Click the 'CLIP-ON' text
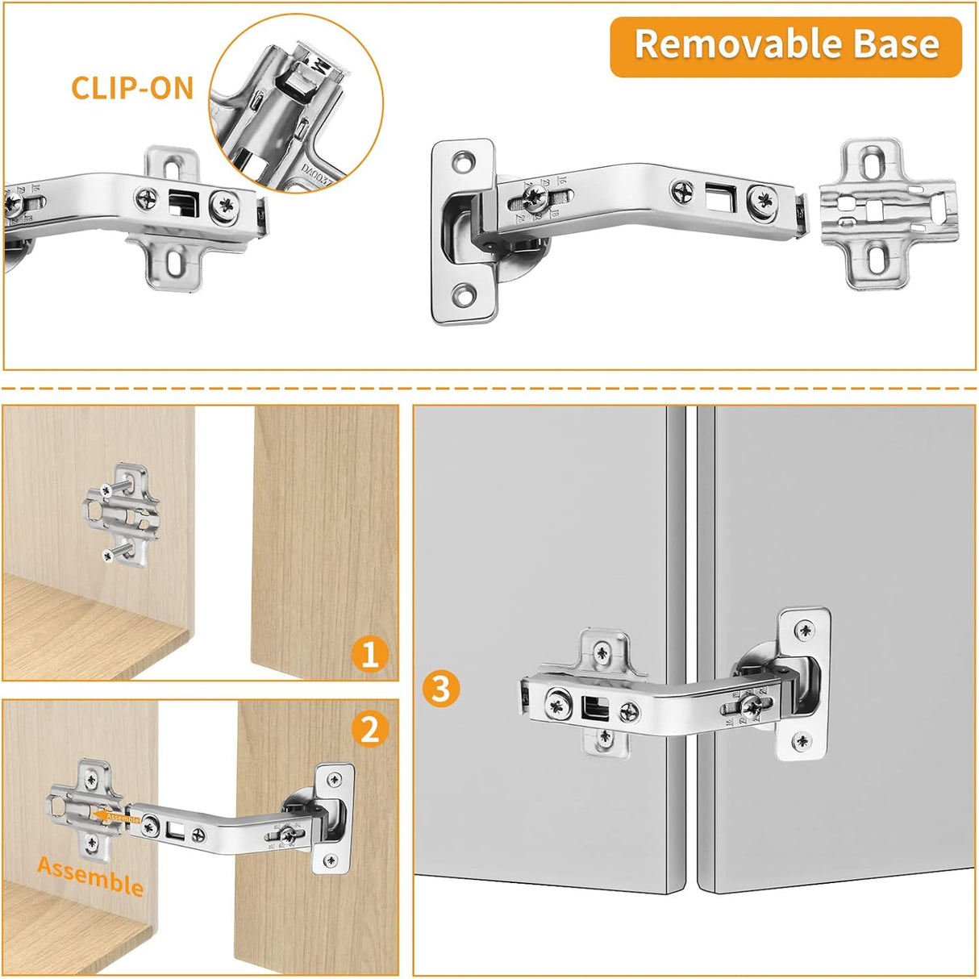point(132,88)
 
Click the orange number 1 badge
point(370,654)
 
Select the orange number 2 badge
point(370,730)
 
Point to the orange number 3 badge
point(441,689)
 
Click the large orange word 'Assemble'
point(90,877)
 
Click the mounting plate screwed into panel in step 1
point(123,514)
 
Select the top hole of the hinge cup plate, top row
point(465,160)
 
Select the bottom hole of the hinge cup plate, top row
point(465,296)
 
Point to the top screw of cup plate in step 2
point(334,779)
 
